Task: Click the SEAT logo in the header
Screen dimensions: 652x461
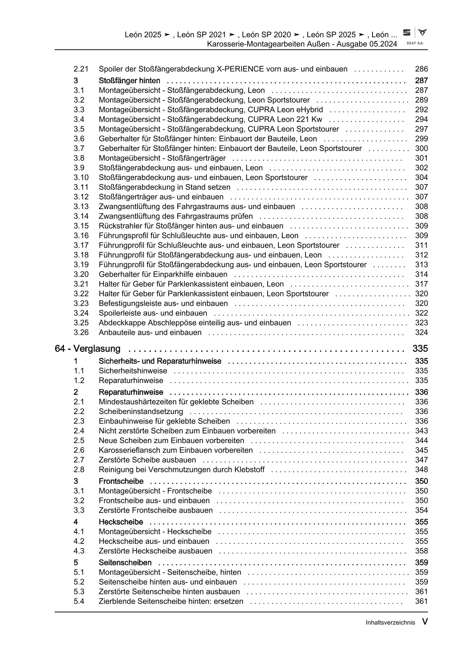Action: coord(407,33)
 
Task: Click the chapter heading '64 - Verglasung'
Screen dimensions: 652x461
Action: coord(88,349)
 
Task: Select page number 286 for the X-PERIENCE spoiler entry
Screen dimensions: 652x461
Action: coord(421,69)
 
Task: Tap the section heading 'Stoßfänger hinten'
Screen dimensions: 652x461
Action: coord(129,81)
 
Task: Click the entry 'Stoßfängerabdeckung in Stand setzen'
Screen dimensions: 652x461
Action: coord(164,187)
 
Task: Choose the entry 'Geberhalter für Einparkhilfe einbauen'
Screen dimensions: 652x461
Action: coord(163,274)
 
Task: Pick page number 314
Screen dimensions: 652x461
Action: coord(421,274)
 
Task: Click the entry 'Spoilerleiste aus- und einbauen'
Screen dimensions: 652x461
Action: coord(153,313)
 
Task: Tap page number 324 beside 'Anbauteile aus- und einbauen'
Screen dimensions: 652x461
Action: coord(421,333)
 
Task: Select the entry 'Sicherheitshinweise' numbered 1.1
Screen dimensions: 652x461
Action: coord(133,371)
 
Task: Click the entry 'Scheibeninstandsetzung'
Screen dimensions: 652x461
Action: coord(141,411)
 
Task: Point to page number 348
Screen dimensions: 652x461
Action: coord(421,469)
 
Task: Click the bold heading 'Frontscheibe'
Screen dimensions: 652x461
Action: coord(121,481)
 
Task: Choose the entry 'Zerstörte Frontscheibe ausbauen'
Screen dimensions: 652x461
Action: coord(156,510)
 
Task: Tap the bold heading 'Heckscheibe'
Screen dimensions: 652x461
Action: coord(121,522)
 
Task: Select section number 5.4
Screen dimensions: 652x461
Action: coord(79,601)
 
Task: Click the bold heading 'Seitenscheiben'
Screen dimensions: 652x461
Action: coord(125,562)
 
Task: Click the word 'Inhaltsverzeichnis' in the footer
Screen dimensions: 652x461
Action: coord(390,623)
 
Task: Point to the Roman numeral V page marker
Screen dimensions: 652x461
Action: coord(425,622)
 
